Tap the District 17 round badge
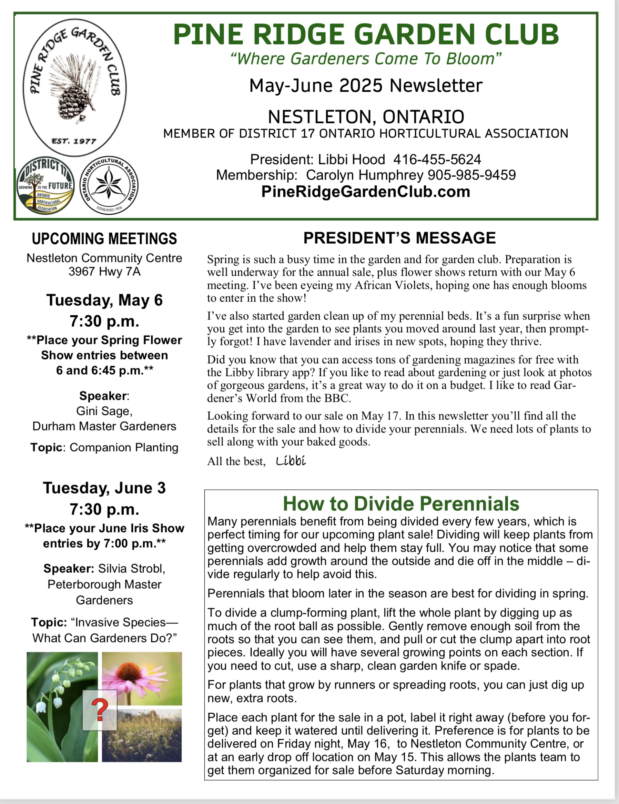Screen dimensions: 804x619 pos(45,185)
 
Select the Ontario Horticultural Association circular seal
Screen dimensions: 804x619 pos(109,185)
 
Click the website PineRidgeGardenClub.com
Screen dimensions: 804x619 pos(366,192)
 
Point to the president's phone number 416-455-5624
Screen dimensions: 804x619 pos(437,160)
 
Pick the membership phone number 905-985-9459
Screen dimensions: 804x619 pos(471,175)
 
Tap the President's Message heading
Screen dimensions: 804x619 pos(399,238)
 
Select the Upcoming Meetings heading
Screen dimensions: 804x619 pos(104,238)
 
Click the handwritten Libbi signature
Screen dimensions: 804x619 pos(291,460)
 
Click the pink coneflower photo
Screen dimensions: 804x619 pos(142,679)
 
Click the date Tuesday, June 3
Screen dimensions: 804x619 pos(104,488)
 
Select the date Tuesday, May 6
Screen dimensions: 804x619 pos(104,300)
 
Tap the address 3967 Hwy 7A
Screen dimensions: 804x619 pos(104,272)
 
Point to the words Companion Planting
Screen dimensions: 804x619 pos(124,447)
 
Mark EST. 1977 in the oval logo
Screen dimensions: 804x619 pos(74,141)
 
